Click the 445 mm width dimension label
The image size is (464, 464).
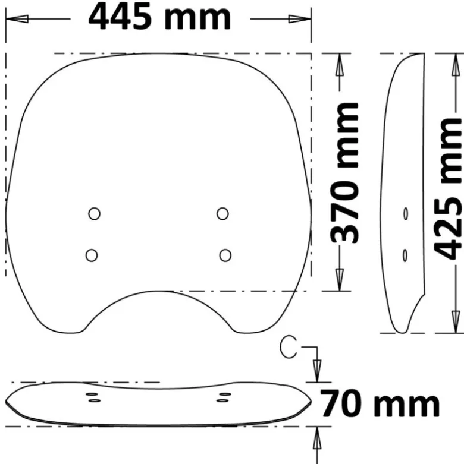click(x=159, y=17)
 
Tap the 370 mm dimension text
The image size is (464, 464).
click(x=344, y=172)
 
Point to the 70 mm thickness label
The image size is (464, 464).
click(x=380, y=403)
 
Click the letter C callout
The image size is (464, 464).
click(x=288, y=347)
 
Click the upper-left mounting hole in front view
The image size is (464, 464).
click(x=95, y=213)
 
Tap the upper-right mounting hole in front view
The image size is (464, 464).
click(x=222, y=214)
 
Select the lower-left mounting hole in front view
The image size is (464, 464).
click(x=92, y=255)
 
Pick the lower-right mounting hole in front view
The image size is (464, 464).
click(x=225, y=255)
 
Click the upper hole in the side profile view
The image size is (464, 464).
click(x=406, y=214)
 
